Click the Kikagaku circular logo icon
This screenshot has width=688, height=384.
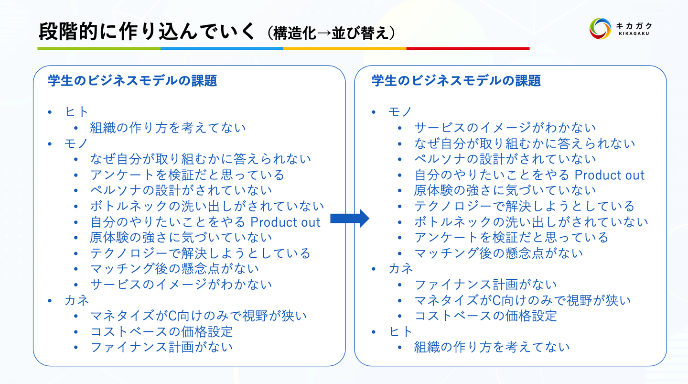click(600, 29)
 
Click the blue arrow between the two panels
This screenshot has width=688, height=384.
click(350, 219)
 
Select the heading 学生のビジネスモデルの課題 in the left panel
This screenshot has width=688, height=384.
click(132, 80)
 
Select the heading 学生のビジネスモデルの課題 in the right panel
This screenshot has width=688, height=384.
click(456, 80)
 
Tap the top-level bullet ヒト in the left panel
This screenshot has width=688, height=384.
click(76, 111)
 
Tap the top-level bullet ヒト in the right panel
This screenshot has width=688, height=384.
click(400, 331)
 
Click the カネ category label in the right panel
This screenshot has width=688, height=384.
click(401, 269)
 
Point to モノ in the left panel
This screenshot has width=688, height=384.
click(76, 143)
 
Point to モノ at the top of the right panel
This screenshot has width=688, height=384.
click(400, 111)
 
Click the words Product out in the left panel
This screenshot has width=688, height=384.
click(285, 222)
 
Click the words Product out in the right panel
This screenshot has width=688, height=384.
click(609, 175)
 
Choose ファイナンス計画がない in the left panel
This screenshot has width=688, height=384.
click(161, 347)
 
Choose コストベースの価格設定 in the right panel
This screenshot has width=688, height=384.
click(485, 316)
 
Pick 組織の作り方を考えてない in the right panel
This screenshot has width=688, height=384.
click(492, 347)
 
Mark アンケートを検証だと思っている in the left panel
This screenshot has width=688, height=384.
click(187, 175)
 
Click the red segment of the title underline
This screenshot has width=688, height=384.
click(468, 49)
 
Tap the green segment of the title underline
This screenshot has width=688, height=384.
click(99, 49)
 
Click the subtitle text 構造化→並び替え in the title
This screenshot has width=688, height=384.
click(331, 33)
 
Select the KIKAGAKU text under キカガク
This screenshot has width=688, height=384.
click(634, 34)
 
